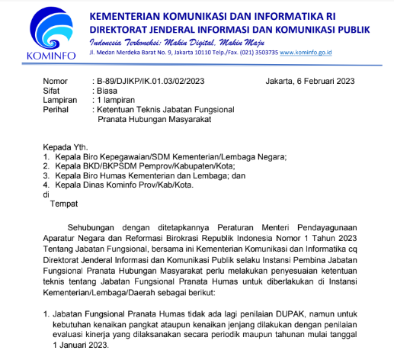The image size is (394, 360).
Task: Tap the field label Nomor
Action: pos(56,80)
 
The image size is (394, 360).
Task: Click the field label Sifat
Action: pos(51,90)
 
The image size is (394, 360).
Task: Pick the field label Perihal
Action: pos(57,110)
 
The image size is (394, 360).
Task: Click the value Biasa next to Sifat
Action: pos(107,90)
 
